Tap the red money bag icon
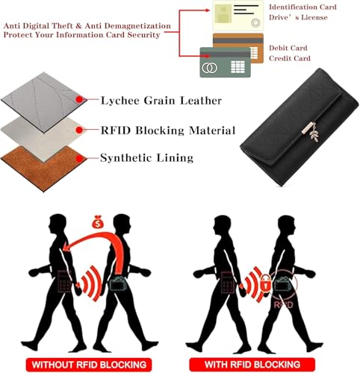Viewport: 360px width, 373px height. (98, 222)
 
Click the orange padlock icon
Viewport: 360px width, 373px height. (265, 283)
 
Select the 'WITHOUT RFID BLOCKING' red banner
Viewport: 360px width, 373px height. (89, 365)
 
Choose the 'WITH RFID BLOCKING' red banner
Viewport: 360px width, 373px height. (252, 364)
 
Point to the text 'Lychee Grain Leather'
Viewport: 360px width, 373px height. (161, 101)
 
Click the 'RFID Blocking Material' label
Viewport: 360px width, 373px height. (168, 131)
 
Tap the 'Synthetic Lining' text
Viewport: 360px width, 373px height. (147, 158)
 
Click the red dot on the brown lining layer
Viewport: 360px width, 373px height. (79, 159)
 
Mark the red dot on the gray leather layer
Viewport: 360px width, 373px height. (79, 99)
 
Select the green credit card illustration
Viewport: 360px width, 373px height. (226, 62)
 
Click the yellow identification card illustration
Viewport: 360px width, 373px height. (238, 16)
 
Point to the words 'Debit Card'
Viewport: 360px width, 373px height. (288, 48)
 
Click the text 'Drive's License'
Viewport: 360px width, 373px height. (298, 17)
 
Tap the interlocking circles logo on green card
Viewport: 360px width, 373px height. (209, 67)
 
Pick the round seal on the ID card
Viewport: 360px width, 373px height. (255, 23)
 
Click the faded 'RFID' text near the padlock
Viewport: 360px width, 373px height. (283, 304)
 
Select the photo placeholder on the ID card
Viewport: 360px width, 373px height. (223, 13)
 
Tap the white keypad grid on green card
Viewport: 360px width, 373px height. (238, 66)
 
